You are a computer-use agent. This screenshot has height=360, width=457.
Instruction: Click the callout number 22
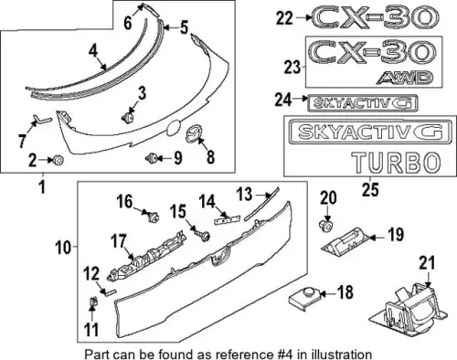(284, 18)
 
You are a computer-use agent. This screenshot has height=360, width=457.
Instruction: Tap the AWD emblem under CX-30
(405, 78)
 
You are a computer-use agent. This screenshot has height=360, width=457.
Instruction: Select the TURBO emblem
(397, 162)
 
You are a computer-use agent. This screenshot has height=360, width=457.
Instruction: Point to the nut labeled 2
(58, 160)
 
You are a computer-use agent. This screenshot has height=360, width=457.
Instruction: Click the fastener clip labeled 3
(128, 117)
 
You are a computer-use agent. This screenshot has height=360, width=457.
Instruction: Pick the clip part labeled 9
(152, 158)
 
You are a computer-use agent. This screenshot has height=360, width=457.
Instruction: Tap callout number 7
(22, 141)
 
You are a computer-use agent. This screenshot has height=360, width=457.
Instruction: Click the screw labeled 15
(204, 236)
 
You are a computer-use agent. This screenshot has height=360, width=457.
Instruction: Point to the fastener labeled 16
(153, 217)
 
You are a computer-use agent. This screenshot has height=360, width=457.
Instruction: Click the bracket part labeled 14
(228, 219)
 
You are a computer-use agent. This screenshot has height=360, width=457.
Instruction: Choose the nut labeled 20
(326, 227)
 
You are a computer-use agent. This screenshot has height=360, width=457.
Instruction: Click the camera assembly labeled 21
(409, 311)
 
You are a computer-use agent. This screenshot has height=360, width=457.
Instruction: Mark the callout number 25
(370, 190)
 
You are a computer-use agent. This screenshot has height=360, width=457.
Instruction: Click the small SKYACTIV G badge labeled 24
(363, 103)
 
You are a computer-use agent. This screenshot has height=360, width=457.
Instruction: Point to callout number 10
(63, 248)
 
